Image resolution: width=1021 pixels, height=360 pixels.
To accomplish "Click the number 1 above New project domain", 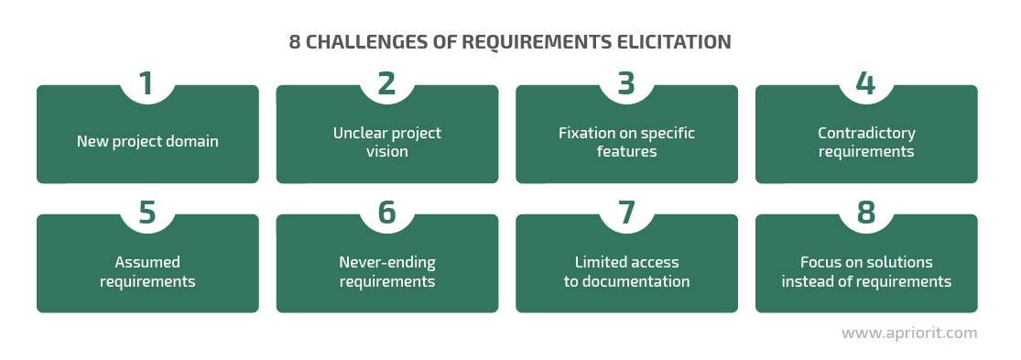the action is [x=147, y=84].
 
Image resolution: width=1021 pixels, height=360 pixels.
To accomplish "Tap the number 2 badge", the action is [x=386, y=84].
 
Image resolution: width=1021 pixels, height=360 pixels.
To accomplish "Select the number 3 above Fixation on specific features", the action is [x=626, y=84].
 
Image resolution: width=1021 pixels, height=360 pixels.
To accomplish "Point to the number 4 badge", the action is [x=865, y=84].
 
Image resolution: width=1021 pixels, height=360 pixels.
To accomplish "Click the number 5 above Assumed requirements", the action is [x=147, y=213].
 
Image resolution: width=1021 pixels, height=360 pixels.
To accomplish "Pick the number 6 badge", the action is [x=386, y=213].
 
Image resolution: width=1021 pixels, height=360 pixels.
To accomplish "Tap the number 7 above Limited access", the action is [x=626, y=213].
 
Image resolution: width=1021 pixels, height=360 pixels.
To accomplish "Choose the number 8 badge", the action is [x=866, y=213].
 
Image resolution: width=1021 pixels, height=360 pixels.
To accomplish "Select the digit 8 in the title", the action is [x=294, y=42].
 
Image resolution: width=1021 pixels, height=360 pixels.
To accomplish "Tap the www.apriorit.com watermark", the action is [x=909, y=333].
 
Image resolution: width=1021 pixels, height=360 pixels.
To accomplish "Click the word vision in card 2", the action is [x=386, y=152].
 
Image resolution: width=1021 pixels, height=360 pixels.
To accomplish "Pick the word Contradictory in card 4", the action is [x=866, y=134].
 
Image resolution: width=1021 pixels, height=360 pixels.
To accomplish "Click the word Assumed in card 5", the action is [x=147, y=262].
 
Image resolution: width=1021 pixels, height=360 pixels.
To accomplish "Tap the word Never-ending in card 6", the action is [x=387, y=262].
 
